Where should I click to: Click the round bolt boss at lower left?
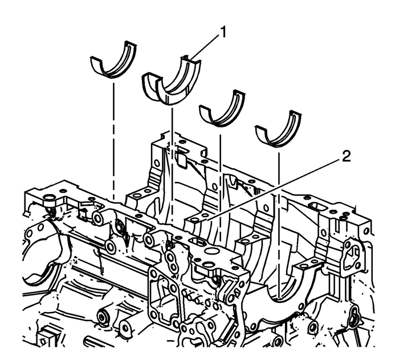click(105, 315)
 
